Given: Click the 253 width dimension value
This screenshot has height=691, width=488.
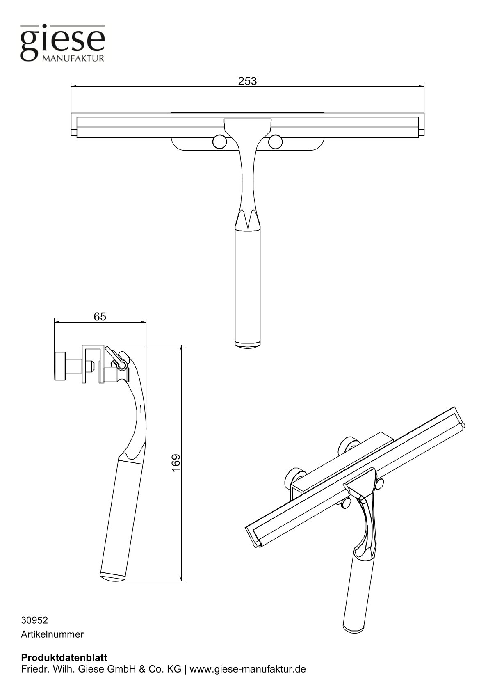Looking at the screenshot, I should coord(247,81).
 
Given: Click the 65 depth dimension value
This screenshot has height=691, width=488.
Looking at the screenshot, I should coord(100,316).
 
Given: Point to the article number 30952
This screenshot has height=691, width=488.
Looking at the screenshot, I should coord(34,620).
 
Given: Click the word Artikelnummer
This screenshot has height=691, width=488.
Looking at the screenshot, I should coord(52,634).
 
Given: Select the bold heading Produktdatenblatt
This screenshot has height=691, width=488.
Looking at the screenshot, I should coord(64,657).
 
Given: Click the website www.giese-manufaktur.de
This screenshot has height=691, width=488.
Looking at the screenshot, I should coord(248,669).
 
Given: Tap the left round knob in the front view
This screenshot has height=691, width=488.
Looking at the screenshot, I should coord(220,142).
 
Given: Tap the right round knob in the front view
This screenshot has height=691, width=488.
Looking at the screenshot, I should coord(276,142).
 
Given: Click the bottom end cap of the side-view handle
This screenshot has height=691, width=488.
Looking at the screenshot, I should coord(112,576).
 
